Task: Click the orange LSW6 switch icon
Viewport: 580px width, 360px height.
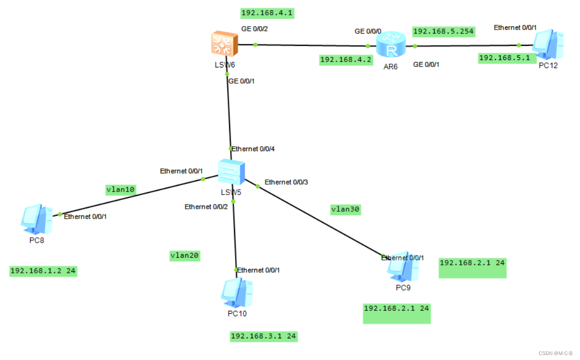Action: coord(223,43)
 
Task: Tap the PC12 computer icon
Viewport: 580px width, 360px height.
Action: coord(548,45)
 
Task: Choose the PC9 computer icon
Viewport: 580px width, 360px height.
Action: coord(403,267)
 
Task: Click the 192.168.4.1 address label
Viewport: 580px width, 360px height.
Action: coord(267,13)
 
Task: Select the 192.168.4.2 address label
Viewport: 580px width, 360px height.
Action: coord(346,60)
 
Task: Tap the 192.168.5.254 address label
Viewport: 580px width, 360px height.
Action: coord(444,32)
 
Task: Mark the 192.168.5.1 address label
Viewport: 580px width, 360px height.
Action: coord(504,58)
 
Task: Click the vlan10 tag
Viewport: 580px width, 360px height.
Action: coord(121,189)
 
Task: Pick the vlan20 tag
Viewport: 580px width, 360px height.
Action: coord(184,255)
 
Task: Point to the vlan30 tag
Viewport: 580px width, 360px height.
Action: coord(345,209)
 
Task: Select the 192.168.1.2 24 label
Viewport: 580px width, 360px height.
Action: coord(43,271)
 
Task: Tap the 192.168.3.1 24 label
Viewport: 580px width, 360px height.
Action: coord(264,336)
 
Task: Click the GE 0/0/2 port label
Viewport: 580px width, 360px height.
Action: coord(254,29)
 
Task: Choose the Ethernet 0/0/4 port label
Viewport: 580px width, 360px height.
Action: coord(256,149)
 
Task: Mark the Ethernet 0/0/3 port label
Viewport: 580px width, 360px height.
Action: coord(286,182)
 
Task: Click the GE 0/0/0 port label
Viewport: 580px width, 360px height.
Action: coord(368,31)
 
